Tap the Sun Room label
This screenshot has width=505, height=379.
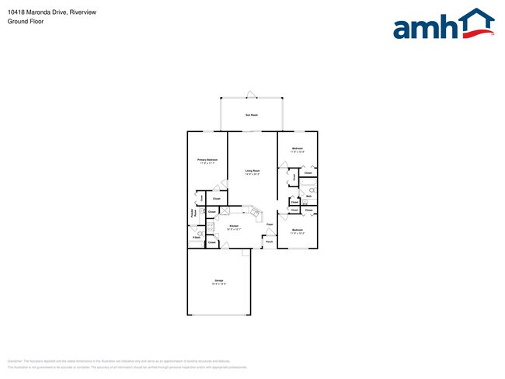click(x=252, y=115)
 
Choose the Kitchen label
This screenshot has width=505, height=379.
click(x=233, y=226)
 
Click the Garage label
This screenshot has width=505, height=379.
click(x=219, y=280)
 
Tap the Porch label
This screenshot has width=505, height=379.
click(x=270, y=242)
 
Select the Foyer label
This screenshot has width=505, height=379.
click(x=270, y=224)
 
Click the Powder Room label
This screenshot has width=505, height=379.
click(x=193, y=212)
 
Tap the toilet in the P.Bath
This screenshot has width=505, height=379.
click(x=201, y=231)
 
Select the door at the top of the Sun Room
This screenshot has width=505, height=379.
click(x=250, y=95)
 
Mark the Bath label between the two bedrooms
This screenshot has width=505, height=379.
click(x=308, y=196)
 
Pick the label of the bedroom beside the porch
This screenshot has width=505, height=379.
click(x=297, y=231)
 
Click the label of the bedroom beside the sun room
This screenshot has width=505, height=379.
click(x=297, y=149)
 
